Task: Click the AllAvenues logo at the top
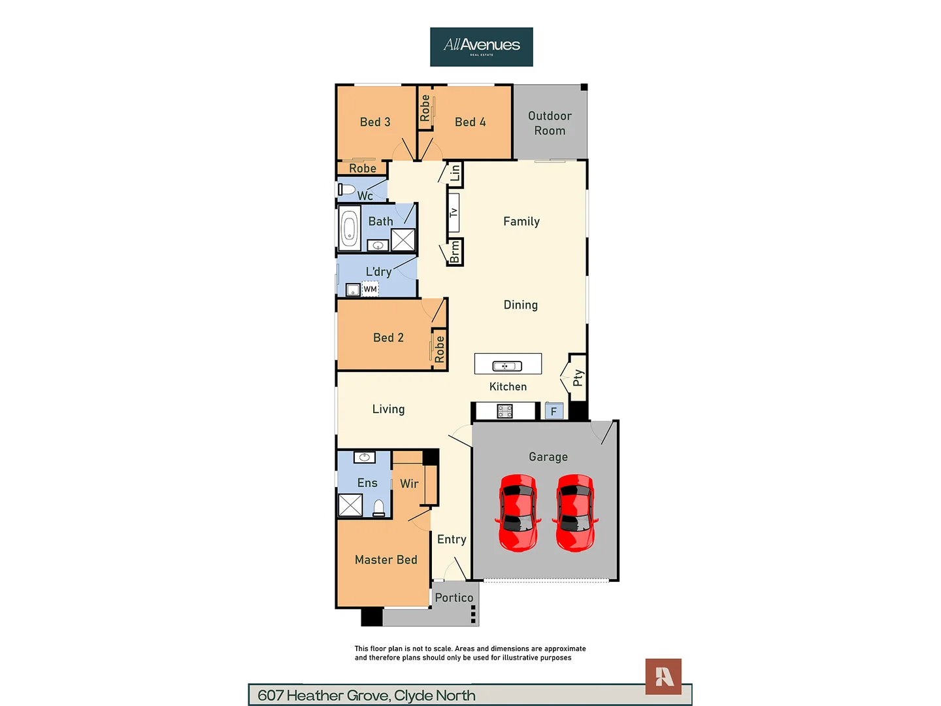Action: (x=482, y=46)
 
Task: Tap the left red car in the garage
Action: (x=519, y=513)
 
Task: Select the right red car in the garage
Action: (x=576, y=513)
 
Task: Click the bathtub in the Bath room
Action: (x=350, y=229)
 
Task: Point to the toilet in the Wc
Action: (x=346, y=190)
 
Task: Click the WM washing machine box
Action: (x=370, y=289)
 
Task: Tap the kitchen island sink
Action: (x=507, y=366)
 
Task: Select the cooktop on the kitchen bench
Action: (x=504, y=411)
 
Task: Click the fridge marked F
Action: (x=553, y=411)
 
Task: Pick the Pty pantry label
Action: (x=578, y=378)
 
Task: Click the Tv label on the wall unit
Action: (x=454, y=212)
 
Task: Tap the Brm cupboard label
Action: (x=455, y=252)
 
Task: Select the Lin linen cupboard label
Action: (x=455, y=173)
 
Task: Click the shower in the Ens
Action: (x=350, y=505)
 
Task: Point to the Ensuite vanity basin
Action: (x=365, y=457)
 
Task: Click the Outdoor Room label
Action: (x=550, y=123)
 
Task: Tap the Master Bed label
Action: (x=386, y=560)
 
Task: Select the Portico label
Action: (x=454, y=597)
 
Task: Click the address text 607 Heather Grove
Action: (x=367, y=696)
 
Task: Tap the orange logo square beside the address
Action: (x=663, y=677)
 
